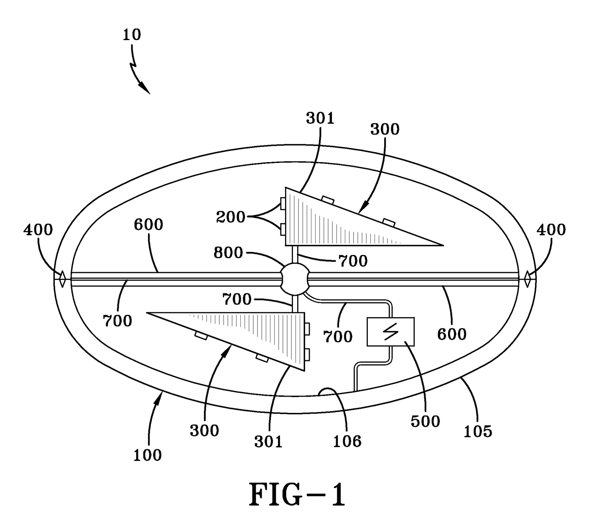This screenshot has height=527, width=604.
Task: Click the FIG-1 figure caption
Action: (298, 495)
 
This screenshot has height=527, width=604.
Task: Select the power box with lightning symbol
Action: (390, 332)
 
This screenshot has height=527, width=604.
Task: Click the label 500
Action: (425, 421)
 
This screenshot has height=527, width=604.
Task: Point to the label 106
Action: (347, 440)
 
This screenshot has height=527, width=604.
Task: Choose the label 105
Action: (477, 431)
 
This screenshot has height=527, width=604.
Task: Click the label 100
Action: (147, 455)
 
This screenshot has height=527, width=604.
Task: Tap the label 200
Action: (230, 217)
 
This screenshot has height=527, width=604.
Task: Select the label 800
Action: (228, 253)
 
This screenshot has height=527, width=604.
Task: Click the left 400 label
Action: (38, 229)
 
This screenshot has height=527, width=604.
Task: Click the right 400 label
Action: (551, 229)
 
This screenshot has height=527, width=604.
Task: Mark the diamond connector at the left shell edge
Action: (62, 279)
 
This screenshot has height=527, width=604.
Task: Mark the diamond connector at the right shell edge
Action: (528, 279)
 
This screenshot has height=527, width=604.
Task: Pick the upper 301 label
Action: (320, 118)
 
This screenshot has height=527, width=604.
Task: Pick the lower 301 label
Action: (268, 441)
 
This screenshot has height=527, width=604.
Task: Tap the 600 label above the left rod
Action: (148, 224)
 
